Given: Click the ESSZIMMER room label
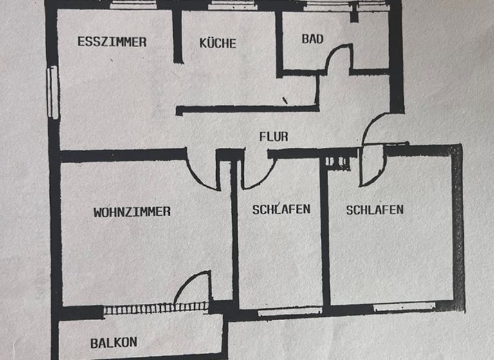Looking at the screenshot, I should [112, 42].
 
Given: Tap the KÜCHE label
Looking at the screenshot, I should [217, 44].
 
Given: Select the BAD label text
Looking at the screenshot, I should [313, 39].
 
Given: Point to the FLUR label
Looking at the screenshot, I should [273, 136].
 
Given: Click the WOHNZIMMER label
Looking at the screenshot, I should [132, 212].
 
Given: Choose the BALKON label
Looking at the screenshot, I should [114, 343].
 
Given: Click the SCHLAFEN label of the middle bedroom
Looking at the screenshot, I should [281, 210].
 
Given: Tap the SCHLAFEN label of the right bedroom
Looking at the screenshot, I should [374, 210].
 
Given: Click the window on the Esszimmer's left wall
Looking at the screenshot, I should [53, 93].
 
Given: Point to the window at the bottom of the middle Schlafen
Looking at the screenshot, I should [289, 311].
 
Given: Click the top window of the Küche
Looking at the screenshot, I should [232, 5].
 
